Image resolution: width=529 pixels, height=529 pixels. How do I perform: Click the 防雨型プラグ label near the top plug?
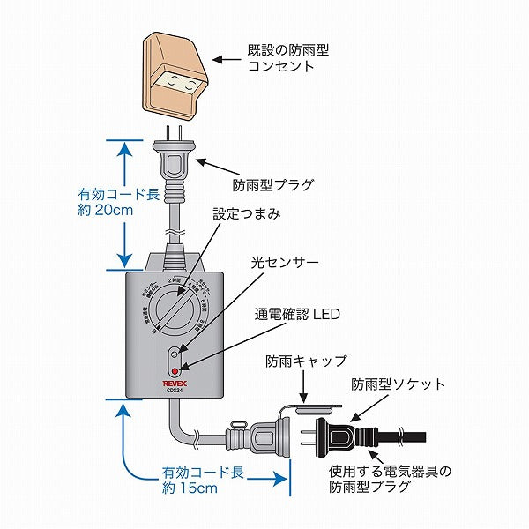(x=273, y=186)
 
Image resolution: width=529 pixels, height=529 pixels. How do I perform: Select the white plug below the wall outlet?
(x=175, y=163)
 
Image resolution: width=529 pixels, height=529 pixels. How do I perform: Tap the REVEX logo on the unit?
(x=176, y=382)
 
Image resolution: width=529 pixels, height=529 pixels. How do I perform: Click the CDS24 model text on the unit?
(x=175, y=390)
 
